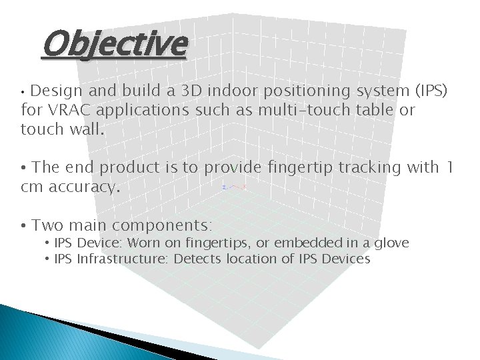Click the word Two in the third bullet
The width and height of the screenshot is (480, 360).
(x=47, y=225)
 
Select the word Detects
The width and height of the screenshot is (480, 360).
(x=197, y=259)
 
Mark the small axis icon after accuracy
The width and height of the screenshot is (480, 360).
(x=234, y=187)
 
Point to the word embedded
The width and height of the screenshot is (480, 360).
(x=307, y=243)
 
